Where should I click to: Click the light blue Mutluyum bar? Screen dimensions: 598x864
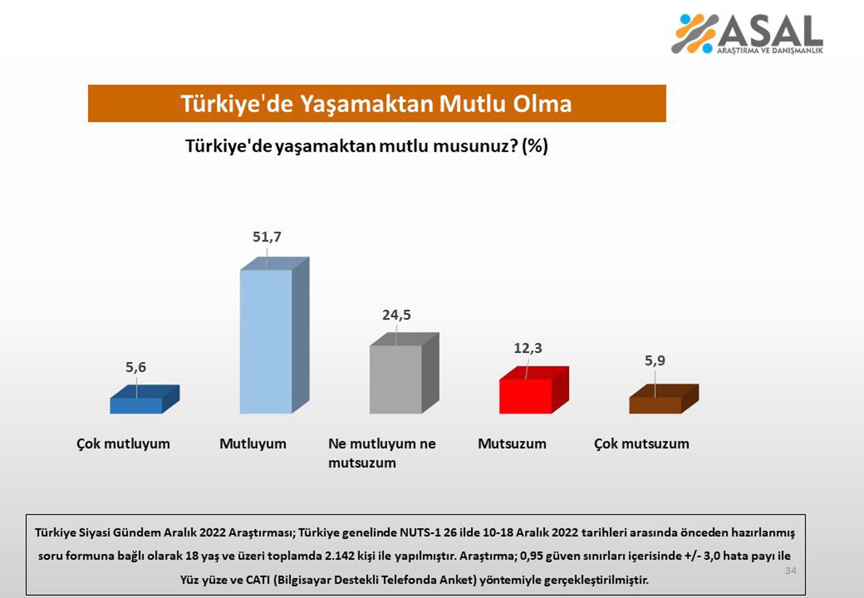[266, 341]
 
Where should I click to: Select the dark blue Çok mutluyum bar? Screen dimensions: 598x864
[136, 405]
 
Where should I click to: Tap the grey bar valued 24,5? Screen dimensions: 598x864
[396, 379]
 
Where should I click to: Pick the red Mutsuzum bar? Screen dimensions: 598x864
[525, 396]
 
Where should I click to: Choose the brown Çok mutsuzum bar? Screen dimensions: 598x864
[655, 405]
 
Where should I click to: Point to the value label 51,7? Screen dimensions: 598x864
[267, 237]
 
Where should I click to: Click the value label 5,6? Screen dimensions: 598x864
[136, 367]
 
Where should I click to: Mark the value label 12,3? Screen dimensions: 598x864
[528, 348]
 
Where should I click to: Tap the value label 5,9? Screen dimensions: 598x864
[655, 361]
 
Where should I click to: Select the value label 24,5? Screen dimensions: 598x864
[396, 315]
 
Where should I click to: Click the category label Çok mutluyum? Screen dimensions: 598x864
[123, 443]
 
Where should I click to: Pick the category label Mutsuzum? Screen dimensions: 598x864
[512, 443]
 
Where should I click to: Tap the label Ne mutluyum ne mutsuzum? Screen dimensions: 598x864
[381, 453]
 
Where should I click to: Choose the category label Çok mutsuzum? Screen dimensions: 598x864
[642, 443]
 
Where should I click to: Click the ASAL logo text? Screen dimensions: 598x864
[771, 32]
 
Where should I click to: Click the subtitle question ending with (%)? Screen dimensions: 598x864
[366, 146]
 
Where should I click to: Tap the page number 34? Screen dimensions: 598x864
[791, 570]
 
